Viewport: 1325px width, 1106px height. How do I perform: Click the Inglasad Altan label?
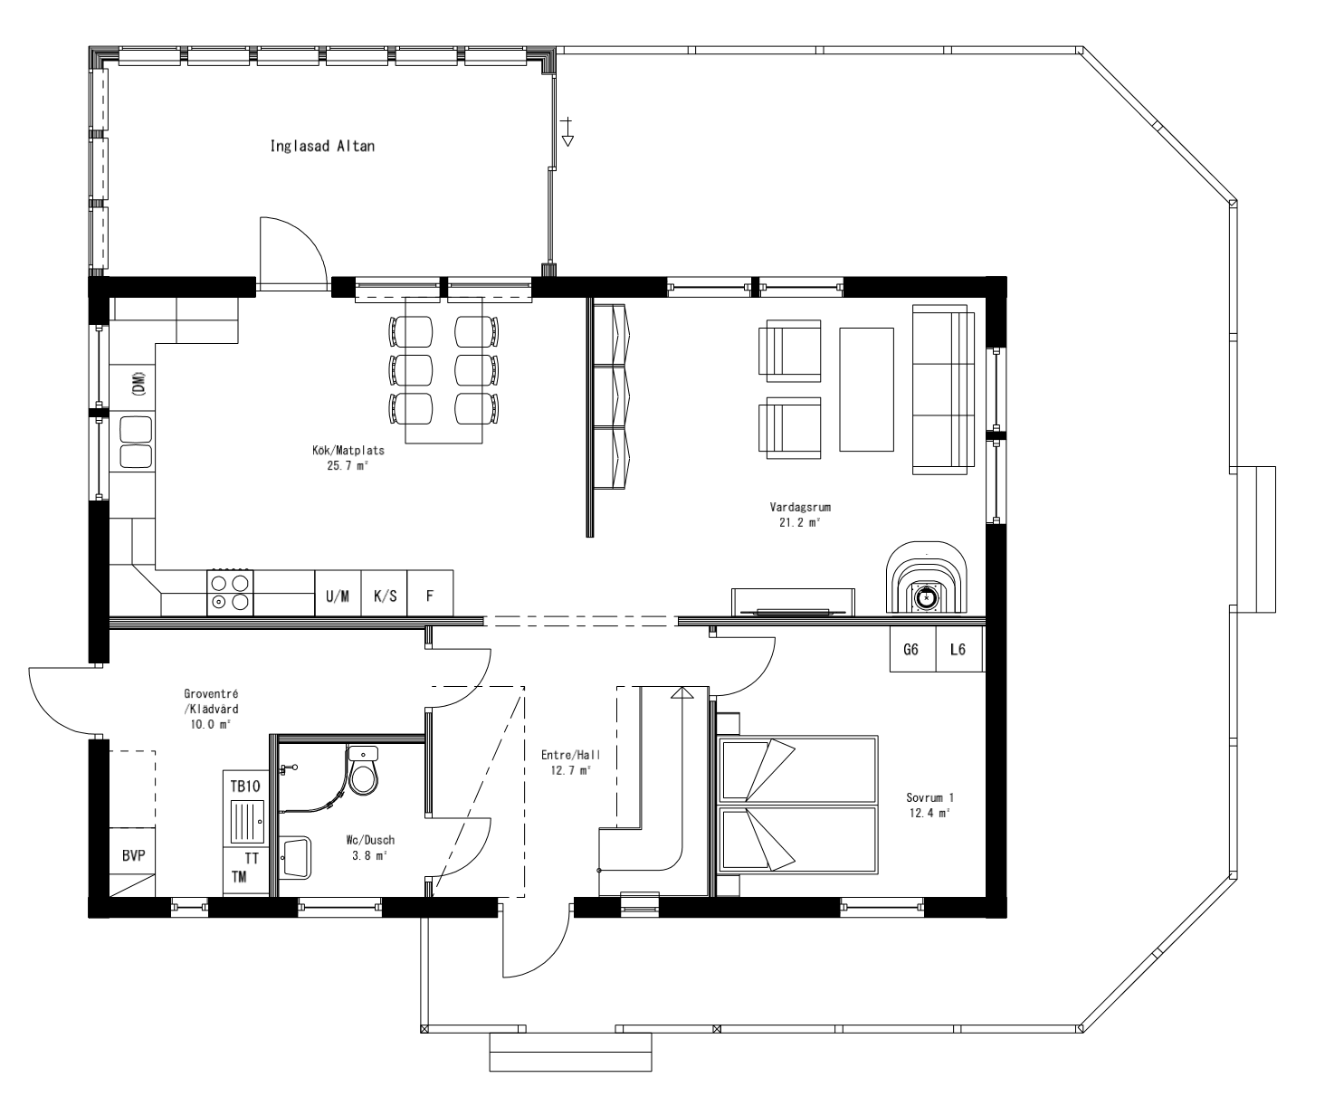322,146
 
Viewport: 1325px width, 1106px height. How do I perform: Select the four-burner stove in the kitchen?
230,592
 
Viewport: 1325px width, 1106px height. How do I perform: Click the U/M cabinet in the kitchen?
338,596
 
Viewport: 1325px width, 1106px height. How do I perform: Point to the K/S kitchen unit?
385,596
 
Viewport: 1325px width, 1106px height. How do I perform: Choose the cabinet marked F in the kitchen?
431,596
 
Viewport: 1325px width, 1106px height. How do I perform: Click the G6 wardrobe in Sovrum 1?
911,650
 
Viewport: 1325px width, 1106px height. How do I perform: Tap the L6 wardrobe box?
958,650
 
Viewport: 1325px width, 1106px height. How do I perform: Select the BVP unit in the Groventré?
133,855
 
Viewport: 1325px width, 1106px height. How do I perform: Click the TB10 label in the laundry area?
244,786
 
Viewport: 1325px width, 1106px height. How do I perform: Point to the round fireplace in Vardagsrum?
926,596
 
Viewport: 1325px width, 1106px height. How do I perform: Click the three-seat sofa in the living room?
944,389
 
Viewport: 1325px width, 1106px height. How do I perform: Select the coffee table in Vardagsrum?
866,389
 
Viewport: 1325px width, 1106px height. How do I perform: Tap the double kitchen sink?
135,442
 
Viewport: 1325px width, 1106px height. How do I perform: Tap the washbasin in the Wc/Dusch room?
297,856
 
